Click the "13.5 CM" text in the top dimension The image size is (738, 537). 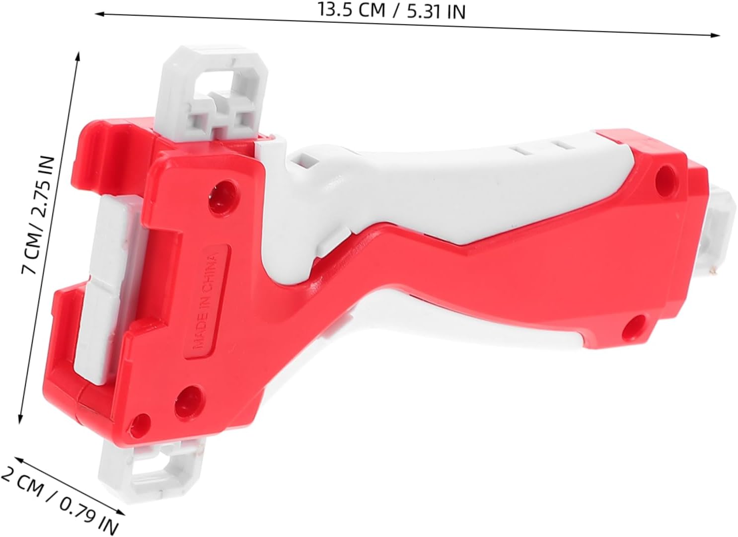351,9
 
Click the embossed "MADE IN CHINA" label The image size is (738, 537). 207,302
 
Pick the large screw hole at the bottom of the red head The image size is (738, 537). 188,403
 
